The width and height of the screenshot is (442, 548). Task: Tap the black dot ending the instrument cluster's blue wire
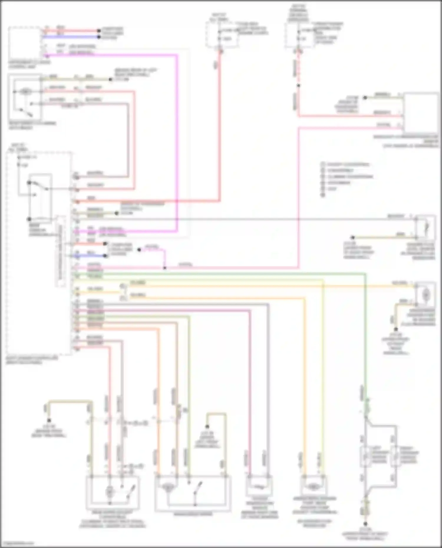coord(99,37)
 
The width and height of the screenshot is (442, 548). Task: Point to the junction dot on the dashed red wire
coord(298,86)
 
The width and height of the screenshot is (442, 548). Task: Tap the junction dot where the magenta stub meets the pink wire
coord(165,268)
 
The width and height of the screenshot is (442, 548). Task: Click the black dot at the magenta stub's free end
coord(139,250)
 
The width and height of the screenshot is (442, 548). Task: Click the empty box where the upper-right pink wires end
coord(420,113)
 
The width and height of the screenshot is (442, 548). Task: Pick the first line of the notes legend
coord(346,164)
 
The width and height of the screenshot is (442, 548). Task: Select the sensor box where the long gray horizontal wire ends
coord(425,228)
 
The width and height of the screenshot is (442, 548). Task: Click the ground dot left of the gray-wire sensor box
coord(352,237)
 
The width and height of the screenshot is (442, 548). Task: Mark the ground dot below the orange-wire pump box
coord(396,330)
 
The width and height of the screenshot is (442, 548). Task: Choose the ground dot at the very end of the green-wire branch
coord(365,524)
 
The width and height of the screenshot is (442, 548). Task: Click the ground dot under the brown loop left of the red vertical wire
coord(49,420)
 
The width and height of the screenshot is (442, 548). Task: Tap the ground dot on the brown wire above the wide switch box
coord(207,426)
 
